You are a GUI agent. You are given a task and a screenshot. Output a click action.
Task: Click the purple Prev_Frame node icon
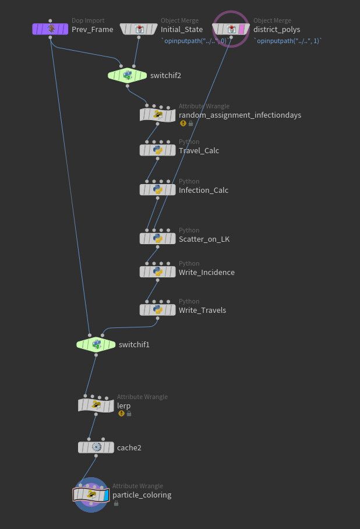51,29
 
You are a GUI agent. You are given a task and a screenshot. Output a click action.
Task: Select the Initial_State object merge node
139,29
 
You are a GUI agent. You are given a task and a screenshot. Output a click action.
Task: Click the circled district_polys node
231,29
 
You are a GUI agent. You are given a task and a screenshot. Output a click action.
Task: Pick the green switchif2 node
128,75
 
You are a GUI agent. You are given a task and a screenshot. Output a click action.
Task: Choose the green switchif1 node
96,344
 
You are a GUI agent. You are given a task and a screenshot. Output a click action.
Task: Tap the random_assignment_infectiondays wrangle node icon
157,115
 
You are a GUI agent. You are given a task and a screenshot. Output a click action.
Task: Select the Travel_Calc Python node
157,150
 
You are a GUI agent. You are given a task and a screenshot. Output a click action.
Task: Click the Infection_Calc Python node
157,190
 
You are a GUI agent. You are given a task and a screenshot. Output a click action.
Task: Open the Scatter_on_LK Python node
157,238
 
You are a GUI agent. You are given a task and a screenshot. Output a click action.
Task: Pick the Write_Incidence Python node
157,272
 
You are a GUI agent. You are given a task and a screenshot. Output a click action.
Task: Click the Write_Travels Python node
157,310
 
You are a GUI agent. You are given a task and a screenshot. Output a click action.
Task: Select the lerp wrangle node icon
96,405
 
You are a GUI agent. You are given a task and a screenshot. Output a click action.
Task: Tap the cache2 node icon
96,447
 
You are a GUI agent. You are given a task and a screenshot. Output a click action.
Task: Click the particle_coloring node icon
91,495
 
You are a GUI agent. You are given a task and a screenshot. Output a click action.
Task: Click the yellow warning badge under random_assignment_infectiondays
183,124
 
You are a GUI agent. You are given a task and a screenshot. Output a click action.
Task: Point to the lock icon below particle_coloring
117,503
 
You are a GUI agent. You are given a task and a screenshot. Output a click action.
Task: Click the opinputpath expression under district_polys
288,41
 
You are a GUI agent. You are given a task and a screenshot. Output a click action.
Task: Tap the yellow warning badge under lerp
121,414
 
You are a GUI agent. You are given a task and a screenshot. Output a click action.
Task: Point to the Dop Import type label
88,20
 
